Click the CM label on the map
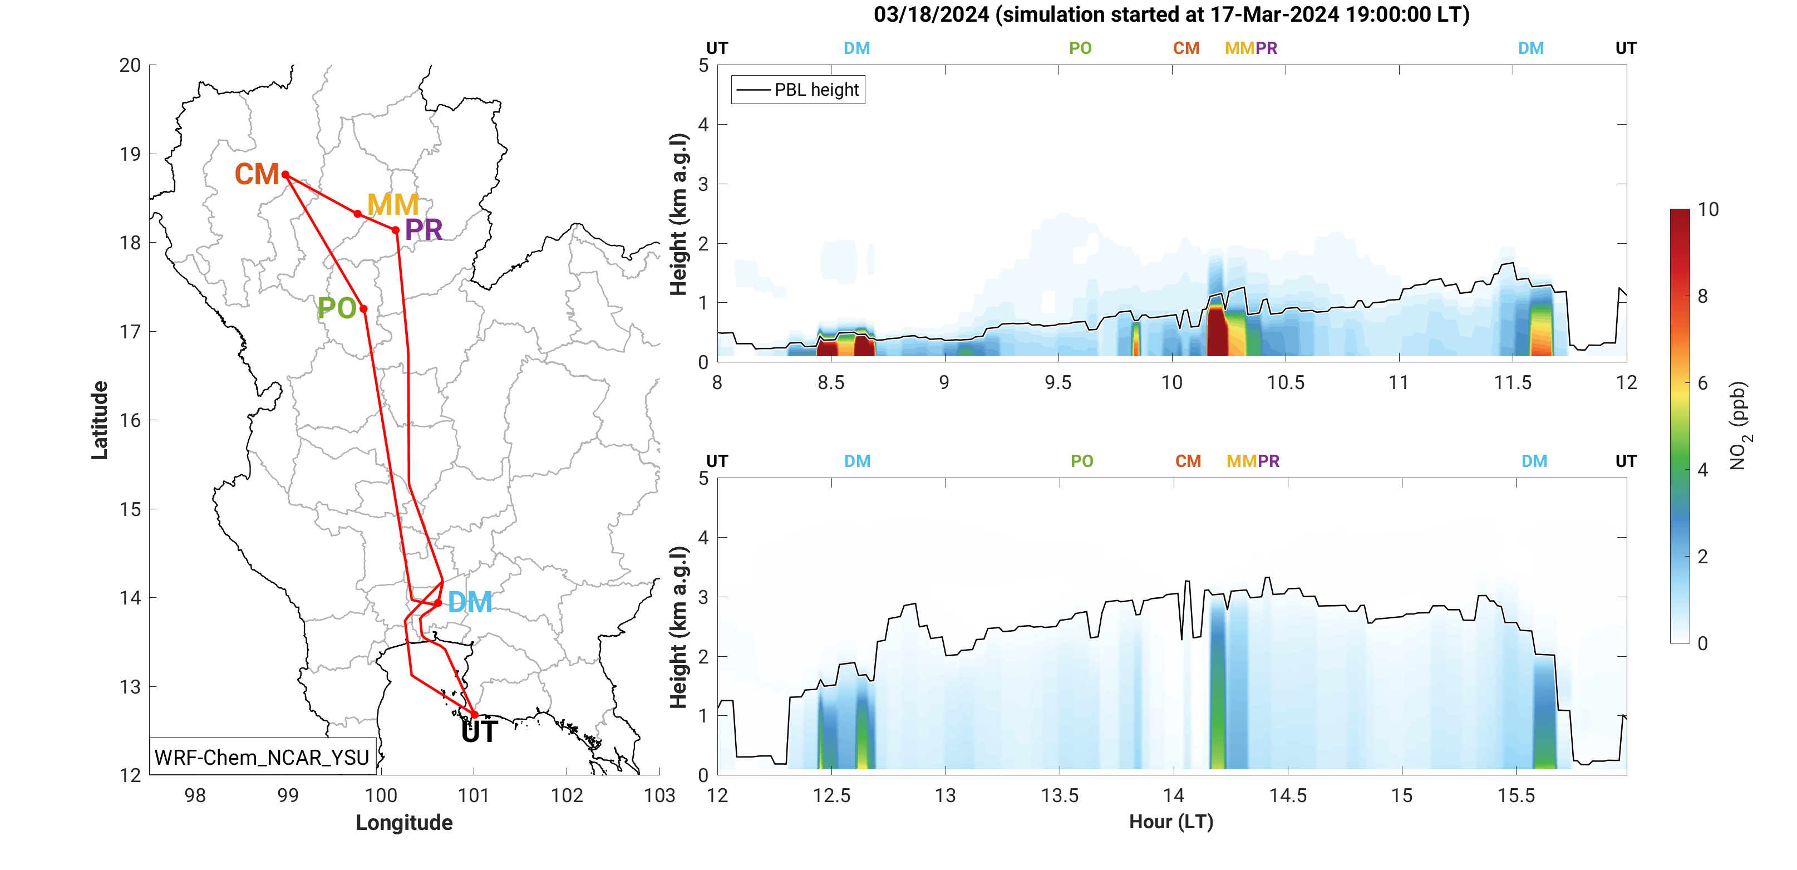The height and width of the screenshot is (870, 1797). pos(257,174)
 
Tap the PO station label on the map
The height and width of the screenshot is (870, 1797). pos(337,308)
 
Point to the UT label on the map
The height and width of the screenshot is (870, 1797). pos(479,733)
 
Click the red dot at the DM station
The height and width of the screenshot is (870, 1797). pos(438,603)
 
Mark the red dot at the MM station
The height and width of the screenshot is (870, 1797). pos(358,214)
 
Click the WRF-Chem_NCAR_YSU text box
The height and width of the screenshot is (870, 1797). pos(262,757)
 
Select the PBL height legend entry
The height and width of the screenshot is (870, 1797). pos(798,90)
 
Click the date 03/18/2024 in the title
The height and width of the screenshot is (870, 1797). pos(931,14)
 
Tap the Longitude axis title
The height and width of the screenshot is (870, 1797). pos(404,823)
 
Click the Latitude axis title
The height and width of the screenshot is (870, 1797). pos(100,420)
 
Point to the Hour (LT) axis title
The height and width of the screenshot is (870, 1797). pos(1171,822)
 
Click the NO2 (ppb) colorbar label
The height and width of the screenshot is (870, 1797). pos(1739,426)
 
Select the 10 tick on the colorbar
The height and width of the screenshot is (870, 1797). pos(1708,209)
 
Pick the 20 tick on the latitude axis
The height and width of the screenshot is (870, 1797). pos(130,66)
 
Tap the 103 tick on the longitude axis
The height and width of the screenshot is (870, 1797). pos(659,795)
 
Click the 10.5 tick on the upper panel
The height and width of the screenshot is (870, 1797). pos(1286,382)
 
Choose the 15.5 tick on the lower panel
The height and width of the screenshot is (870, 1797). pos(1516,795)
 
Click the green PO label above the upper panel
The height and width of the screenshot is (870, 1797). pos(1080,48)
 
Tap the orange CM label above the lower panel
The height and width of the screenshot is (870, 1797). pos(1188,461)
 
